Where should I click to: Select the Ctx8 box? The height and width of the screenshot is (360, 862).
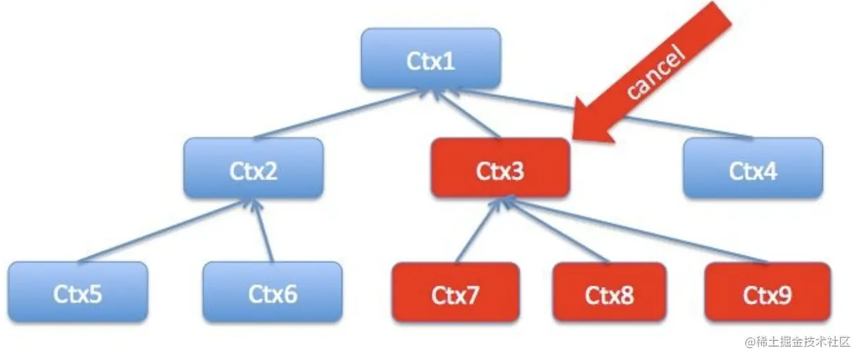610,293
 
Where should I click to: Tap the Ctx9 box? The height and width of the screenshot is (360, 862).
768,293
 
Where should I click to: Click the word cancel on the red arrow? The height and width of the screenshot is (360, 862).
656,73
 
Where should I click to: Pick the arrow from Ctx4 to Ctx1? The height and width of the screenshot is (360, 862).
600,113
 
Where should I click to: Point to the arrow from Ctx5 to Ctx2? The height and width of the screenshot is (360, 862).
161,232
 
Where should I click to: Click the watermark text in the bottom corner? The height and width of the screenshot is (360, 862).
799,343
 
